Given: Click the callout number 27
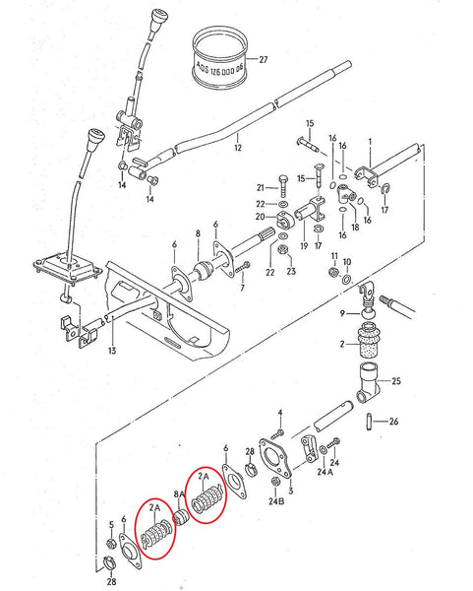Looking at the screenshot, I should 263,60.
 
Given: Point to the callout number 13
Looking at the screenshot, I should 111,351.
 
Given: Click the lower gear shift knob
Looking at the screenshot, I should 97,141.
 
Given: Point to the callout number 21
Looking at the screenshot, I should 262,187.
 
